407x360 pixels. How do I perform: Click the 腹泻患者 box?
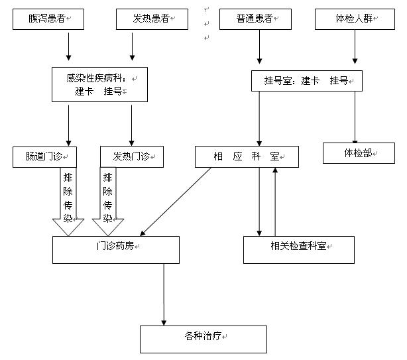(x=46, y=20)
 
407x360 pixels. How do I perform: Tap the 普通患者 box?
(x=255, y=20)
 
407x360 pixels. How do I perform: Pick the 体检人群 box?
(x=354, y=20)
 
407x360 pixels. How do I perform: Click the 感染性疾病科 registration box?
(x=99, y=84)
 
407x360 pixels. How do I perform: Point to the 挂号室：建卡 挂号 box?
(x=306, y=81)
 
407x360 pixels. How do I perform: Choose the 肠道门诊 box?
(x=45, y=156)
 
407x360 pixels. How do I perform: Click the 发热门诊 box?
(x=132, y=156)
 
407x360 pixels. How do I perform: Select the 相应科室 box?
(x=247, y=156)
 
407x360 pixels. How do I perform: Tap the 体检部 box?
(x=359, y=152)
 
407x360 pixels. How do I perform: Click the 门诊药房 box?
(x=116, y=249)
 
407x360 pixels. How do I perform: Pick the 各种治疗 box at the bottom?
(x=203, y=339)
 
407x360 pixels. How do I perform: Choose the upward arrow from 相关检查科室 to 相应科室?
(x=274, y=202)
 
